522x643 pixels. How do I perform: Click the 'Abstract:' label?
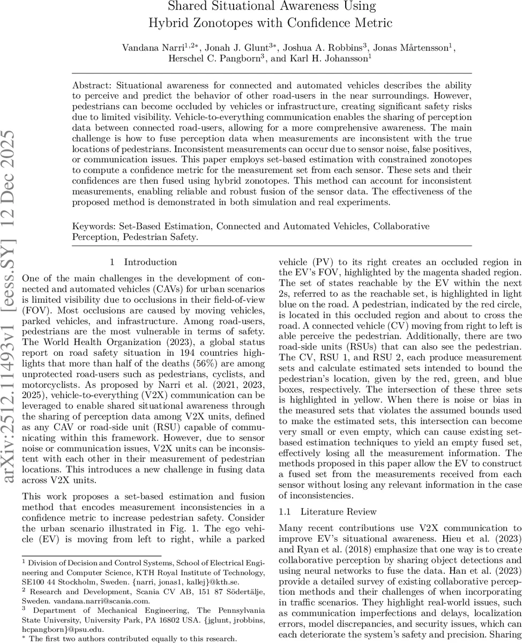(x=92, y=85)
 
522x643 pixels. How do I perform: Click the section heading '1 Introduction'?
(x=143, y=262)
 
